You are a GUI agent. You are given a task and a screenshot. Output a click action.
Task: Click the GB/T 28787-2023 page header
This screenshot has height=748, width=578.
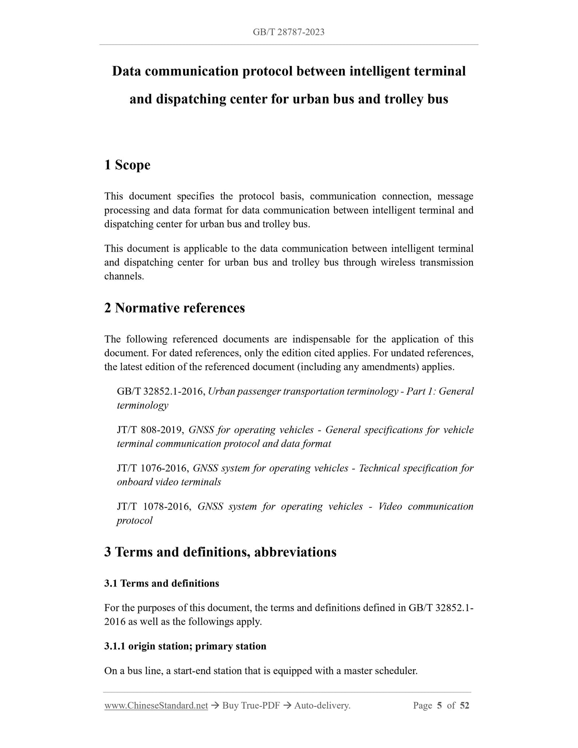288,32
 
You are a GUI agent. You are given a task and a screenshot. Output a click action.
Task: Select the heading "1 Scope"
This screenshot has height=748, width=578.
127,165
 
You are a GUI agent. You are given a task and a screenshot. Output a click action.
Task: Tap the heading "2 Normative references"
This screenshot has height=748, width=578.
174,308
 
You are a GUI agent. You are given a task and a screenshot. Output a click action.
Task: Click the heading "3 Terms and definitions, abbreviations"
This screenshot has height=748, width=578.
220,552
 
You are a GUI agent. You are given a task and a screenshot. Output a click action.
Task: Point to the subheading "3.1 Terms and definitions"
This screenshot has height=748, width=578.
162,583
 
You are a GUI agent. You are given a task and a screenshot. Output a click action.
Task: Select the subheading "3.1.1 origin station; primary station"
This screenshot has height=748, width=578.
185,646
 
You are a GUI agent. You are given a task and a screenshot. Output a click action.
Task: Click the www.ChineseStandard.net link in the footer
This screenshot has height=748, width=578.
156,706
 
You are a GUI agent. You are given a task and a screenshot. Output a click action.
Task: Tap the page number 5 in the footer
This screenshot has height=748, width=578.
439,706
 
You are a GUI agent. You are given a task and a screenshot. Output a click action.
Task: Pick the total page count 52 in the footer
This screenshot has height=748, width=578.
464,706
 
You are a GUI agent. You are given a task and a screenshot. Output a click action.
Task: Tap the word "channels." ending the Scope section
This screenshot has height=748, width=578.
124,276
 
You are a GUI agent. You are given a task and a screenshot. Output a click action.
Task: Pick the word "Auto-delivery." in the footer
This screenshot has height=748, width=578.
322,706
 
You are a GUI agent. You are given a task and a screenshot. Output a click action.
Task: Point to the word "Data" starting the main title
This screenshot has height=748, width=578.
126,71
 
